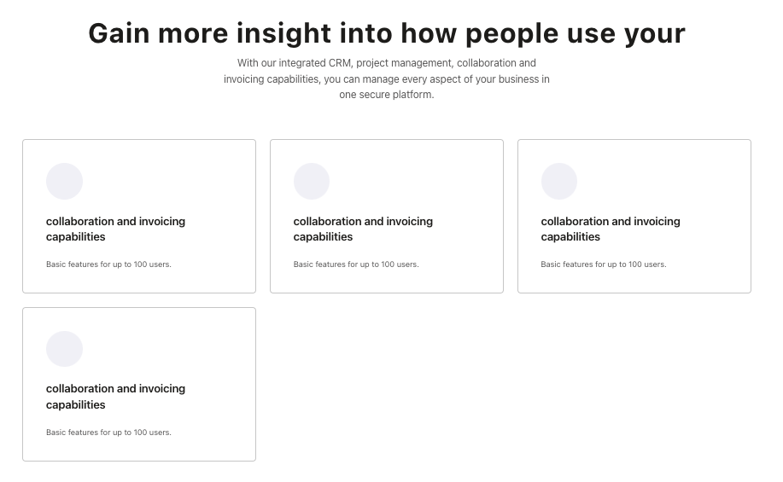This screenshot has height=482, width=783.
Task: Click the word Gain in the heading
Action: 119,33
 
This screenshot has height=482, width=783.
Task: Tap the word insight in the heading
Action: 283,33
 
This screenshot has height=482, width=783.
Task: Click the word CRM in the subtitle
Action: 340,63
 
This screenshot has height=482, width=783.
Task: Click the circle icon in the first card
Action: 64,181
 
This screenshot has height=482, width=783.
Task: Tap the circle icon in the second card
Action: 312,181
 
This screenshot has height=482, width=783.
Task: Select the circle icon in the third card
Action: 559,181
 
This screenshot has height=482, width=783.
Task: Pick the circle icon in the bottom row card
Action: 64,349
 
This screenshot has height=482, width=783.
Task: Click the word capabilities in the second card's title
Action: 323,237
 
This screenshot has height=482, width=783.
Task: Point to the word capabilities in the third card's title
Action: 570,237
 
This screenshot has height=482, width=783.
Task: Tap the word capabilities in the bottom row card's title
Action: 76,404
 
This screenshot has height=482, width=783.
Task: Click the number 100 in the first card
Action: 140,264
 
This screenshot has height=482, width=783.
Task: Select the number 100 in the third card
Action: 635,264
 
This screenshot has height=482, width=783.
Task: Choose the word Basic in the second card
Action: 304,264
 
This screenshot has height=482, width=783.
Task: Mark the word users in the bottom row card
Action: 160,433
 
